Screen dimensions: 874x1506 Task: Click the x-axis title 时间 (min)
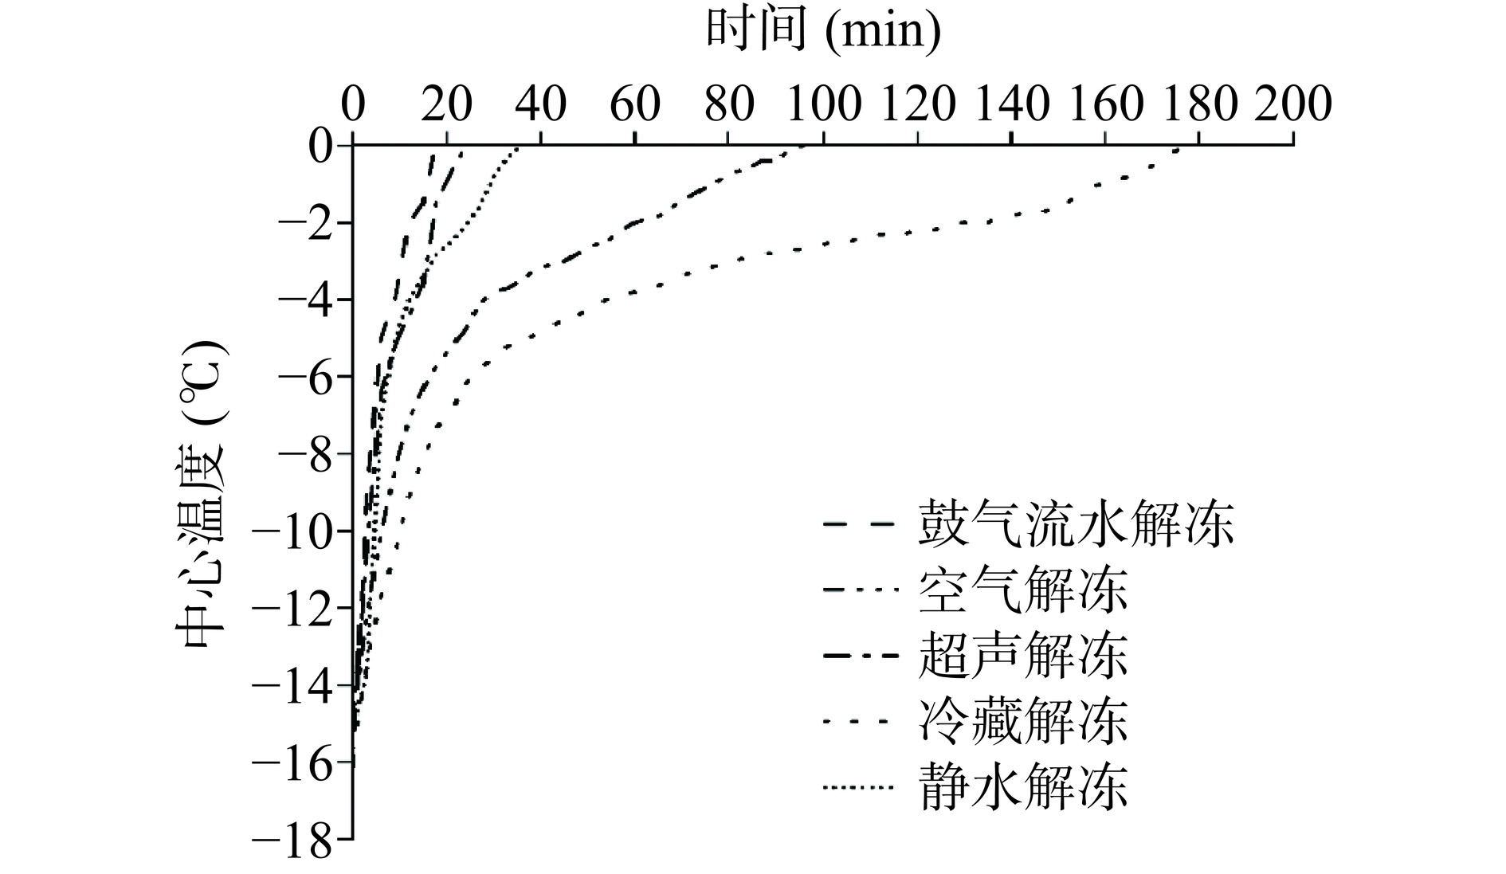point(822,32)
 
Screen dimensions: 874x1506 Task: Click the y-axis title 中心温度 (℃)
point(199,494)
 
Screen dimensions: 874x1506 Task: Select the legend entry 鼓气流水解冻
point(1076,524)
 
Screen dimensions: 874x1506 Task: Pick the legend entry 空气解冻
point(1023,590)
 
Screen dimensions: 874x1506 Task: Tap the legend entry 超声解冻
point(1023,656)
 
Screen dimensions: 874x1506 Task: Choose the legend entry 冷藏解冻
point(1023,722)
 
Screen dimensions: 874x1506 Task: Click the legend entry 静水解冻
point(1023,787)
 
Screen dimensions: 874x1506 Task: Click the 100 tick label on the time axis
point(822,104)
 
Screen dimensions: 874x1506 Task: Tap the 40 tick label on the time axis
point(541,104)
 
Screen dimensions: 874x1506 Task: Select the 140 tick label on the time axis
point(1010,104)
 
